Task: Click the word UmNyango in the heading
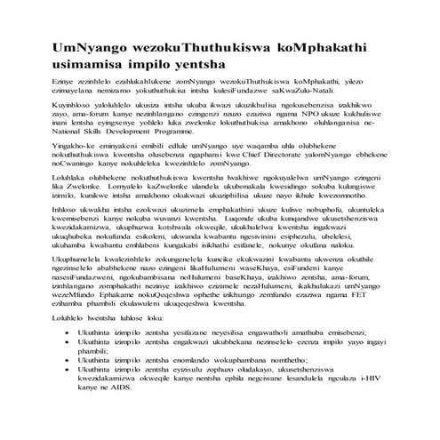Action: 86,45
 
